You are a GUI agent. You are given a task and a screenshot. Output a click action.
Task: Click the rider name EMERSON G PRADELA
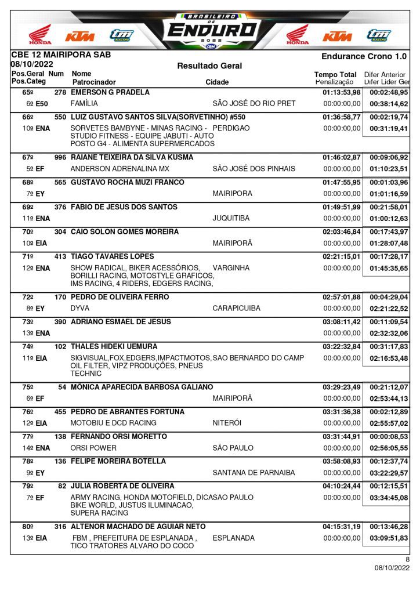coord(110,92)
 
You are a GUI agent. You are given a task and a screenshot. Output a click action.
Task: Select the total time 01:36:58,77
coord(342,117)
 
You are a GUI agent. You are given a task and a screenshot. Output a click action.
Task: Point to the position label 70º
coord(28,231)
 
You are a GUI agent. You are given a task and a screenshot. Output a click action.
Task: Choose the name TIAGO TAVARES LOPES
coord(113,256)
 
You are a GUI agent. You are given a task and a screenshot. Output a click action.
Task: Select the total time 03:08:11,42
coord(342,321)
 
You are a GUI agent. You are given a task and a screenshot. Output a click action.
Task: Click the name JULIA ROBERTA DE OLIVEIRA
coord(122,486)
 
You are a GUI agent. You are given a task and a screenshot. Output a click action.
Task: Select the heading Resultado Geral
coord(209,66)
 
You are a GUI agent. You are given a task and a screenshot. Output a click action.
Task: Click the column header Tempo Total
coord(335,75)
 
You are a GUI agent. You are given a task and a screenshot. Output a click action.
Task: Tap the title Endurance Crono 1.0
coord(364,56)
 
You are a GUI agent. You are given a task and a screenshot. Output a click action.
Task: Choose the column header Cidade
coord(217,82)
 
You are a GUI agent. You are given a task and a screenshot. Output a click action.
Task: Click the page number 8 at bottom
coord(407,559)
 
